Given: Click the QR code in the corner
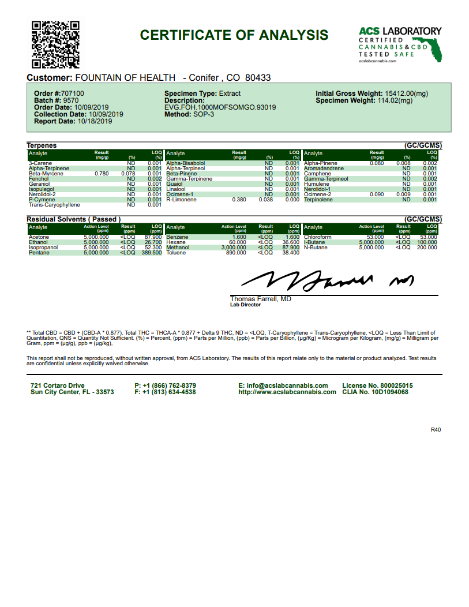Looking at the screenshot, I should pyautogui.click(x=55, y=44).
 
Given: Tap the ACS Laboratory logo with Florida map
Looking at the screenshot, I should pyautogui.click(x=400, y=44).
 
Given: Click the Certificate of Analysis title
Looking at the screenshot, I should pyautogui.click(x=234, y=35).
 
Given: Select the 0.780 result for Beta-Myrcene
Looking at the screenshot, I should pyautogui.click(x=101, y=174).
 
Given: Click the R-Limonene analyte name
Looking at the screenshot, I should pyautogui.click(x=181, y=200).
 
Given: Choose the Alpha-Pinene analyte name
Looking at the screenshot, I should pyautogui.click(x=320, y=163).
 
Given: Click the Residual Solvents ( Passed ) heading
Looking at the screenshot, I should pyautogui.click(x=72, y=219).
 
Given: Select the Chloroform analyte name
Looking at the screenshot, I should pyautogui.click(x=318, y=237).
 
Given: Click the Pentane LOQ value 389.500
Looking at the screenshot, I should pyautogui.click(x=151, y=253).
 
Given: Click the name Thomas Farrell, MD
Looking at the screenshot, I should pyautogui.click(x=260, y=299).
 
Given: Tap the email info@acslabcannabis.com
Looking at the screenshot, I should pyautogui.click(x=283, y=385).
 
